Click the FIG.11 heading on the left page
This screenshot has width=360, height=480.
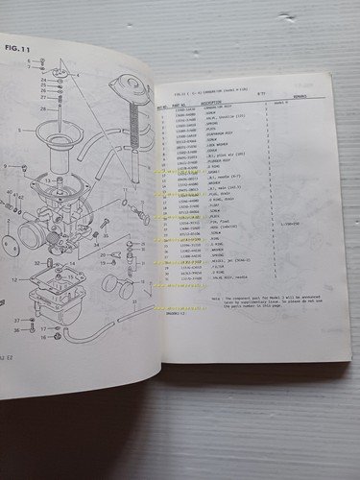(x=15, y=45)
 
